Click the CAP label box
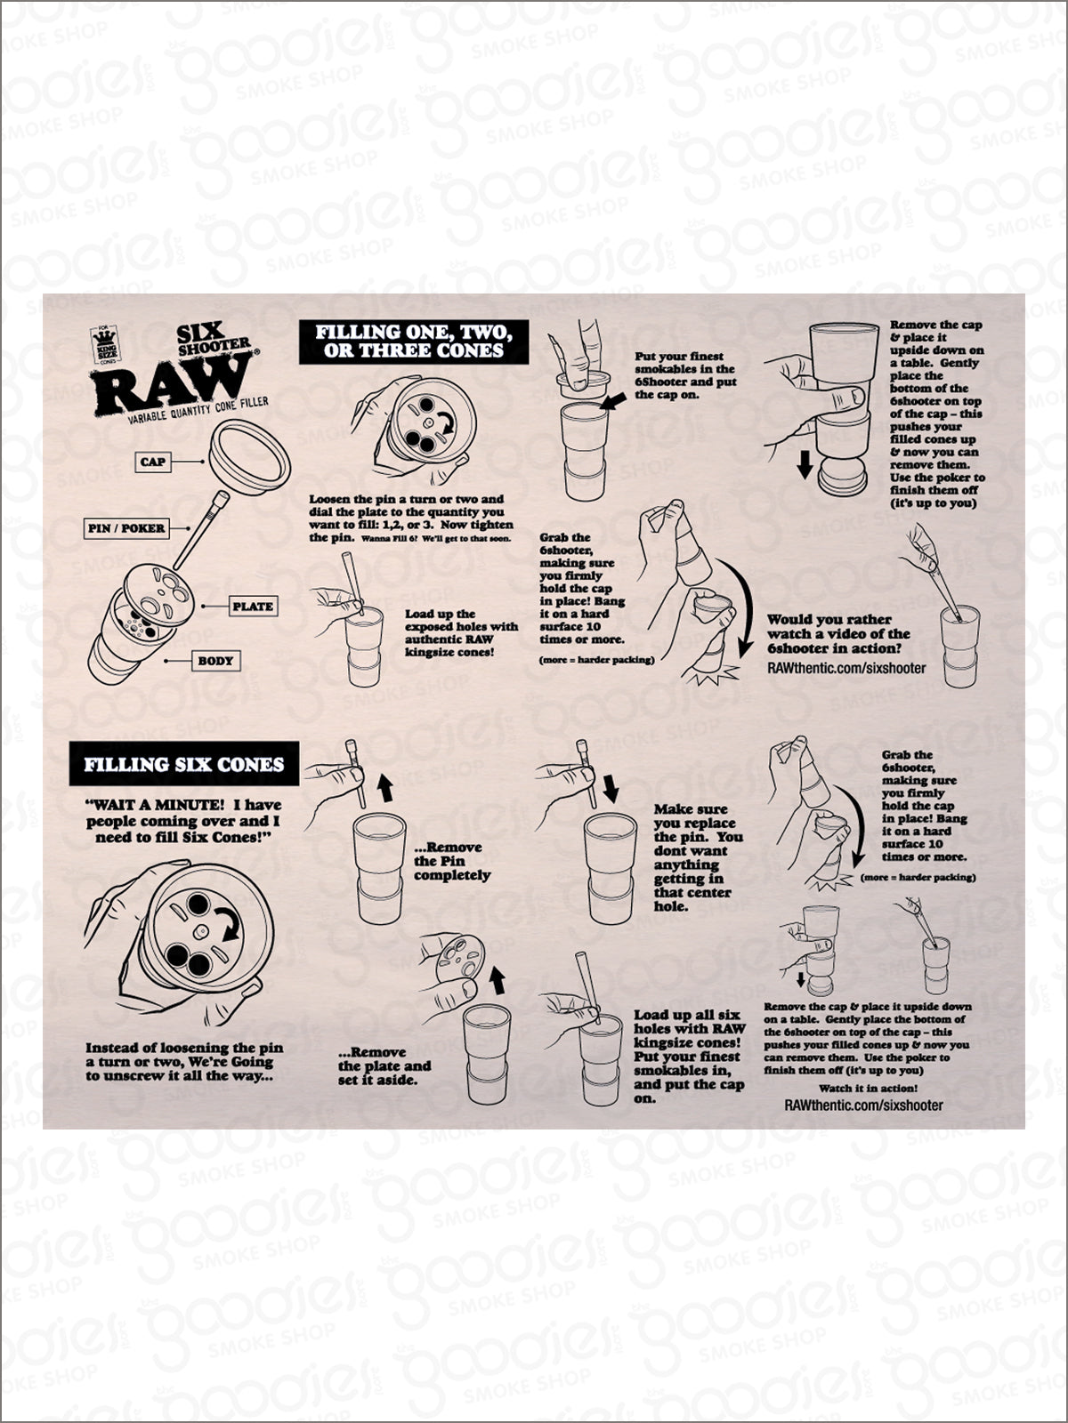point(153,462)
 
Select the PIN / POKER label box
point(126,528)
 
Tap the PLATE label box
point(253,607)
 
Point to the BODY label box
point(215,661)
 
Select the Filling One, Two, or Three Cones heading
point(414,342)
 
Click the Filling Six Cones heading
point(184,764)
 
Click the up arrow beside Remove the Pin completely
point(384,790)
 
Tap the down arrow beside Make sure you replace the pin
point(611,790)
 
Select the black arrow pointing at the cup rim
point(613,400)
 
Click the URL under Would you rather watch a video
point(847,667)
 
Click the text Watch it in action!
point(869,1089)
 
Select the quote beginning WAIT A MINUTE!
point(183,821)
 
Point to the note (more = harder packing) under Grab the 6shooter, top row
point(596,660)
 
